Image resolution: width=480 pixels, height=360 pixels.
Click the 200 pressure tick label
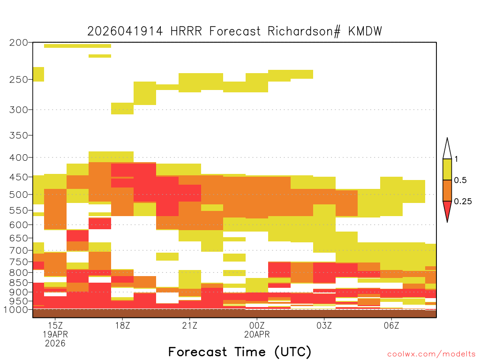(x=18, y=43)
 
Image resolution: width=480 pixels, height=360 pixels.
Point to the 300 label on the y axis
(x=18, y=110)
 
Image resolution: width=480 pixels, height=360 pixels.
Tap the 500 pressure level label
(x=18, y=195)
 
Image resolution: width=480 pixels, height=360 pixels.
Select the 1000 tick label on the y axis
(x=15, y=310)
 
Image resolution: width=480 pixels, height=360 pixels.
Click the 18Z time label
(x=122, y=325)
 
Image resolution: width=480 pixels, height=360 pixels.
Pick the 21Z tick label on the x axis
(x=190, y=325)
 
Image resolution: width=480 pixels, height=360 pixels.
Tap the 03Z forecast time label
(x=324, y=325)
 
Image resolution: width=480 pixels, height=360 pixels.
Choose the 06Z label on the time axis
(x=391, y=325)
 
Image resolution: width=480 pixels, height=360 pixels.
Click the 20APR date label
(x=257, y=334)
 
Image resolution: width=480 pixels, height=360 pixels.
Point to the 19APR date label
(x=55, y=334)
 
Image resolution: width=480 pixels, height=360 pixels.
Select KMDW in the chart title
(x=365, y=31)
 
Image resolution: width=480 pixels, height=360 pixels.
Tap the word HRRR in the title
(x=186, y=31)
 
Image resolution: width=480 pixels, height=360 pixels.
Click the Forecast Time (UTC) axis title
(x=240, y=352)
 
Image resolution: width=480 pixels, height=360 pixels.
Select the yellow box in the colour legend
(x=447, y=169)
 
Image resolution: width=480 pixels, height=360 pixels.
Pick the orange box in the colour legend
(x=447, y=190)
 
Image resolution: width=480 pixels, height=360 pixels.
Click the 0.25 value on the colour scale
(x=463, y=202)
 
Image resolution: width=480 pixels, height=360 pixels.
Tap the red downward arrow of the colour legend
(x=447, y=210)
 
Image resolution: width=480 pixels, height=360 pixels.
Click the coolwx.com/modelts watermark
(x=431, y=354)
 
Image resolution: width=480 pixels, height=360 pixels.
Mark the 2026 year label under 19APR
(x=55, y=344)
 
